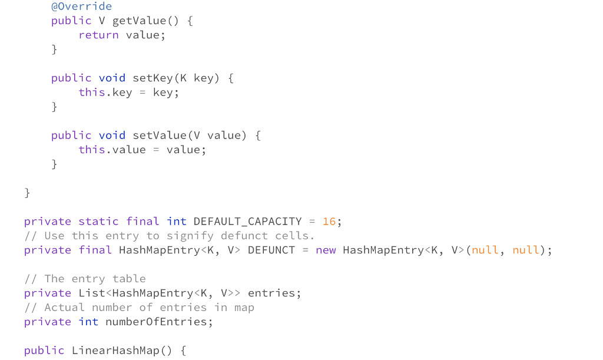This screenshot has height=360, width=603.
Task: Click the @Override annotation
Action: click(81, 6)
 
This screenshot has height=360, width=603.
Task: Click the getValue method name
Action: click(139, 21)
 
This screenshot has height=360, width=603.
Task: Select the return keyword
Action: click(98, 35)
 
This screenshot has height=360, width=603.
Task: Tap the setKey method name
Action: click(153, 78)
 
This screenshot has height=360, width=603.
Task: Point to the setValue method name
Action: click(160, 136)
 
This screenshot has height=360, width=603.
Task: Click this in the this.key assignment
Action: click(92, 93)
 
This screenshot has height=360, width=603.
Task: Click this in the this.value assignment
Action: click(92, 150)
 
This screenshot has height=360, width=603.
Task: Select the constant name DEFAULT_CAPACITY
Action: click(247, 222)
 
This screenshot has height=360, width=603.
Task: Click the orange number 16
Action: click(329, 222)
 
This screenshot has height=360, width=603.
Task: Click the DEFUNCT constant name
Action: click(271, 250)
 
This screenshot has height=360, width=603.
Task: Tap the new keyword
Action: click(326, 250)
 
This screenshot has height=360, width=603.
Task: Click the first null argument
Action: click(485, 250)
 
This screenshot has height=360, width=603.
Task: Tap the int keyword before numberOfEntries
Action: click(88, 322)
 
